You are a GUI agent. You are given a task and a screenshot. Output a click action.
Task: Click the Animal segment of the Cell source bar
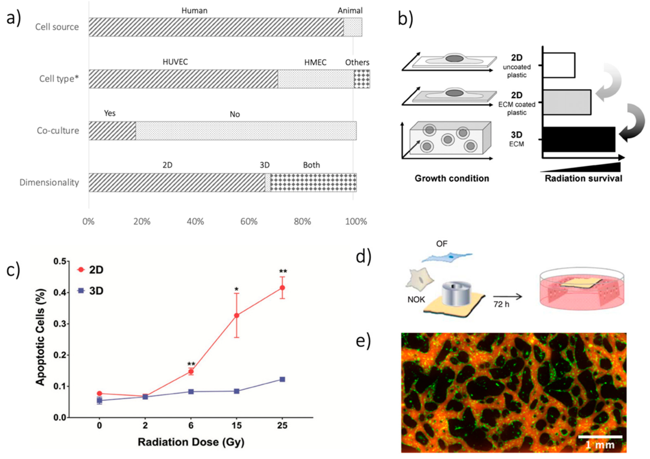point(352,27)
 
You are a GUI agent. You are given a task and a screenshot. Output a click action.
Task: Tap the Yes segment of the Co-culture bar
point(112,131)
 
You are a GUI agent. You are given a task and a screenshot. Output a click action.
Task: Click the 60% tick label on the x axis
point(249,221)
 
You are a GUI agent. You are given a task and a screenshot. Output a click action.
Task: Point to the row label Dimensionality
point(49,182)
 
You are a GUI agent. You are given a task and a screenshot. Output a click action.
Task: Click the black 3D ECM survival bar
point(579,139)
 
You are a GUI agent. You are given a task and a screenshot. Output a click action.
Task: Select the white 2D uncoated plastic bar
point(559,65)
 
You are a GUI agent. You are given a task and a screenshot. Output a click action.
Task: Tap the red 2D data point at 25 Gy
point(282,288)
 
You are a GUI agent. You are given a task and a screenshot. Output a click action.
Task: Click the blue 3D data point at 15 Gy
point(237,391)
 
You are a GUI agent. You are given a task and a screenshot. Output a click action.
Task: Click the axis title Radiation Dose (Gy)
point(191,442)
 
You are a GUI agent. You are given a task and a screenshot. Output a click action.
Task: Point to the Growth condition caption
point(452,178)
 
